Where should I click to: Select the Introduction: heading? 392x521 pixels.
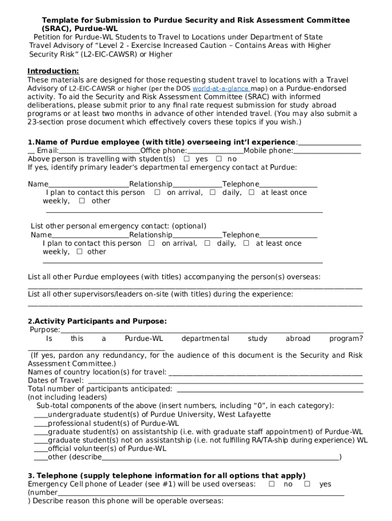(53, 71)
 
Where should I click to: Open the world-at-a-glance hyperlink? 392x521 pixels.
(220, 89)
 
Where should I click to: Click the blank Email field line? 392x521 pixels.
(99, 151)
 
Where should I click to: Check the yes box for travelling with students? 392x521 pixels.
(186, 159)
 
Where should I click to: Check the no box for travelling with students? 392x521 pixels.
(218, 159)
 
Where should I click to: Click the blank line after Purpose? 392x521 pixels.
(211, 331)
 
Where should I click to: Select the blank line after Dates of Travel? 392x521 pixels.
(225, 381)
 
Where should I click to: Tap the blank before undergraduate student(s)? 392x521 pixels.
(40, 415)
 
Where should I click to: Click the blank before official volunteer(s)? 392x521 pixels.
(40, 449)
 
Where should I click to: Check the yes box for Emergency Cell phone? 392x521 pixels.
(307, 484)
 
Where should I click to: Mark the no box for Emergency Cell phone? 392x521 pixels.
(271, 484)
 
